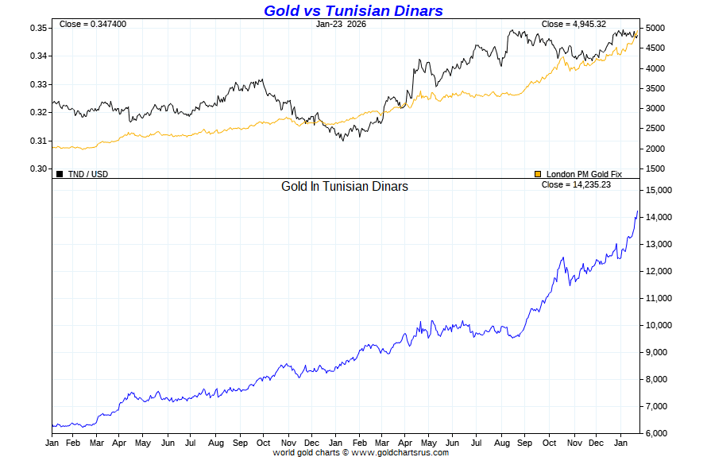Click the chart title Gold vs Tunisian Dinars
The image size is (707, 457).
tap(353, 10)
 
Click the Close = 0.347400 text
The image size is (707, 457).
tap(93, 24)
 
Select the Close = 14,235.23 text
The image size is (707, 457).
tap(576, 184)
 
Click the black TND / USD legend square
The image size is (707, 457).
tap(60, 173)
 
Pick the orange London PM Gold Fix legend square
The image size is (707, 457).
tap(538, 173)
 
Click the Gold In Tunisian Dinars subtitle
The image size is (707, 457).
tap(345, 186)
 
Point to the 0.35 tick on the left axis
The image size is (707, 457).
tap(39, 28)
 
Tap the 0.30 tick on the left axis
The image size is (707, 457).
tap(39, 168)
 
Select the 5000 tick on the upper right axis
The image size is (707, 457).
tap(655, 28)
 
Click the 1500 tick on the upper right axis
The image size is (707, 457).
tap(655, 168)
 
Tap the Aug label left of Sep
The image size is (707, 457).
tap(214, 442)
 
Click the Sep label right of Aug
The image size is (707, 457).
tap(240, 442)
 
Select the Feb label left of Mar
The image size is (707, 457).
tap(72, 442)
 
